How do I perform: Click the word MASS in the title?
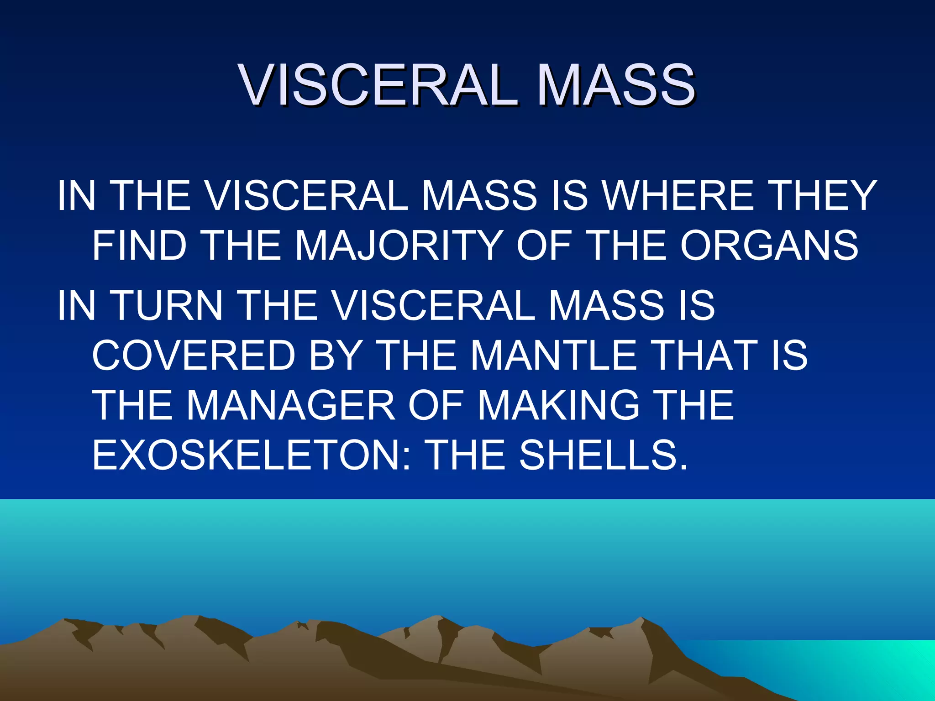[x=616, y=85]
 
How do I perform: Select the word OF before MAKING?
[x=436, y=405]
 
